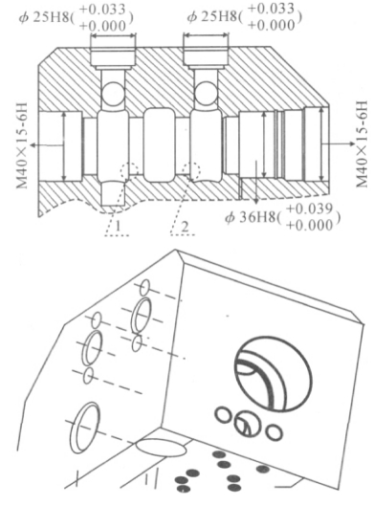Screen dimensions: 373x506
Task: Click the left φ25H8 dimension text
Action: click(x=76, y=17)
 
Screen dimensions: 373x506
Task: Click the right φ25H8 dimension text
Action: click(x=244, y=16)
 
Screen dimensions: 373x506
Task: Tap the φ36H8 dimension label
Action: click(x=283, y=217)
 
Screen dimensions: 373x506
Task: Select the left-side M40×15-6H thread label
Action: click(x=22, y=145)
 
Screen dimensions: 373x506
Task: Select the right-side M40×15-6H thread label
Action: click(x=362, y=143)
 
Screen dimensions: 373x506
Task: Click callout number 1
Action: click(x=118, y=226)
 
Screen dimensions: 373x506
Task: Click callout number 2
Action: click(x=185, y=227)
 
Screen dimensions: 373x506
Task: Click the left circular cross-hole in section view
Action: click(x=113, y=94)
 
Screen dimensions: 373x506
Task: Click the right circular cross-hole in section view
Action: click(x=206, y=94)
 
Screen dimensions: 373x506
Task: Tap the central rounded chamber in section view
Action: click(x=159, y=145)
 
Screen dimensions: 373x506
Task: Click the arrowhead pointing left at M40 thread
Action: click(x=33, y=145)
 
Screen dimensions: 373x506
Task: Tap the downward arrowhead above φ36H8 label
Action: click(x=256, y=201)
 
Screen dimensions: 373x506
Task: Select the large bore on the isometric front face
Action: click(x=274, y=374)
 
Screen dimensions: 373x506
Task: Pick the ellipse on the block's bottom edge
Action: click(x=161, y=447)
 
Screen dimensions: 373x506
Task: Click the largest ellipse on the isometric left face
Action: click(x=85, y=428)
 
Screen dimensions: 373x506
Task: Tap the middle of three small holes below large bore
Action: click(x=245, y=424)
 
